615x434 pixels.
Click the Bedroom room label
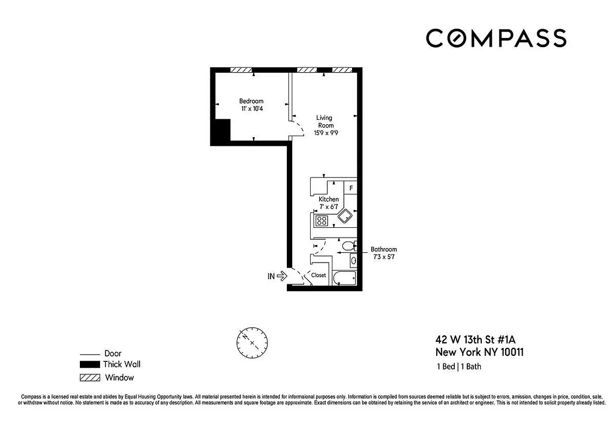click(x=251, y=101)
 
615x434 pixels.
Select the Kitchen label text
click(x=328, y=199)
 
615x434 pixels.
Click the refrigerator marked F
click(x=351, y=188)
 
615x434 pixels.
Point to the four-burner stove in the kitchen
click(x=322, y=221)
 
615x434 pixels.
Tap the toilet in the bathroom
click(x=348, y=246)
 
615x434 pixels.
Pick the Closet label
click(x=318, y=275)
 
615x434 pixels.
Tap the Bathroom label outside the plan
click(x=384, y=250)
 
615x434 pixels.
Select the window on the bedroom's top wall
click(x=241, y=69)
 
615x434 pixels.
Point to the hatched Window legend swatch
click(x=90, y=378)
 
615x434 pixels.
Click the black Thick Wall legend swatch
click(x=90, y=365)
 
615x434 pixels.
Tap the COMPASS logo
click(x=495, y=38)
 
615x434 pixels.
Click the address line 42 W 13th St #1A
click(x=475, y=340)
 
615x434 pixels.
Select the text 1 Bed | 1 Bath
click(x=459, y=367)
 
